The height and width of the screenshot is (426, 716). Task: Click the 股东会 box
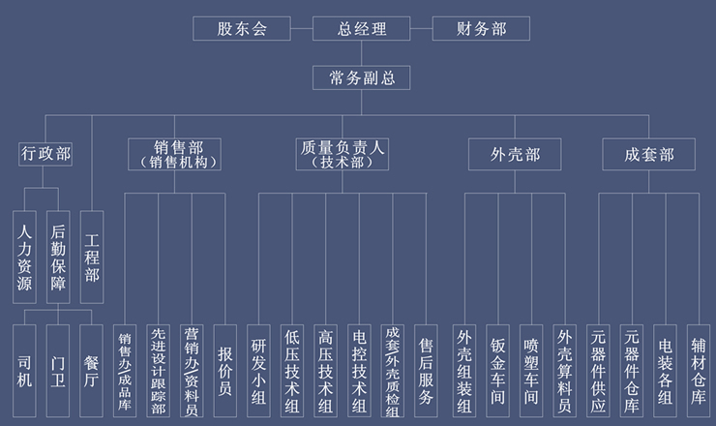[x=242, y=29]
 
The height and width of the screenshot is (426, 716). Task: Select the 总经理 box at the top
[x=362, y=29]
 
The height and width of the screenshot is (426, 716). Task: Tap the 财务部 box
[x=481, y=29]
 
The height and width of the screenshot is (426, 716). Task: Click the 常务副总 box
[x=362, y=78]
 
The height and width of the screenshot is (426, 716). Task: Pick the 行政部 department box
[x=45, y=154]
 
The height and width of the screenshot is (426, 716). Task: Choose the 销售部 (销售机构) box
[x=174, y=154]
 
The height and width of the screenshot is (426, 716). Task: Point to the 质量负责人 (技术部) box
[x=343, y=154]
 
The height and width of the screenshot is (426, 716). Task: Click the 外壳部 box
[x=515, y=154]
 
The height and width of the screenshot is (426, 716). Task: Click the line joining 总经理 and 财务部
[x=421, y=29]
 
